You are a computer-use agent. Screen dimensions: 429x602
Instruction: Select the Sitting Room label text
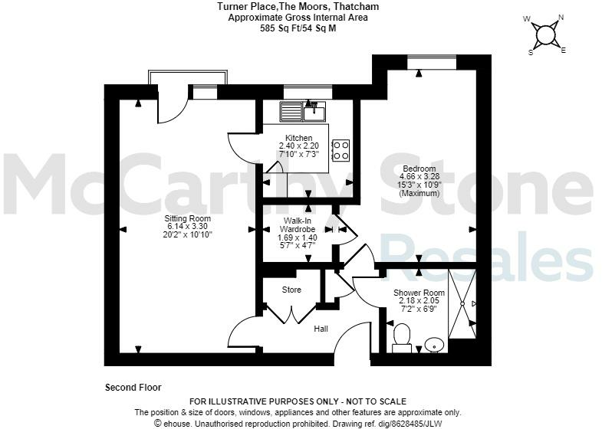pyautogui.click(x=188, y=218)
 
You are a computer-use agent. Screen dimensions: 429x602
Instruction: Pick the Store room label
pyautogui.click(x=291, y=290)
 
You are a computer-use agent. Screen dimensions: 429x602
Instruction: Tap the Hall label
pyautogui.click(x=321, y=329)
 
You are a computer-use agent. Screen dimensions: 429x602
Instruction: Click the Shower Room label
pyautogui.click(x=419, y=293)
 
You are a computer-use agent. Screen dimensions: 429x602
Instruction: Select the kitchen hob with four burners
pyautogui.click(x=340, y=149)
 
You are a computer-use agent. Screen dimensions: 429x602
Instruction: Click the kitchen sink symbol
pyautogui.click(x=304, y=113)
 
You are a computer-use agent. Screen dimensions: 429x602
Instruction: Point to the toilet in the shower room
pyautogui.click(x=402, y=338)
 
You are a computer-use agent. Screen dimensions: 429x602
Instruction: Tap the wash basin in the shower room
pyautogui.click(x=435, y=345)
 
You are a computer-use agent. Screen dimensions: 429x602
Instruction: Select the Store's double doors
pyautogui.click(x=291, y=312)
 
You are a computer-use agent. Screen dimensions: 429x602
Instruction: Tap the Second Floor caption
pyautogui.click(x=133, y=388)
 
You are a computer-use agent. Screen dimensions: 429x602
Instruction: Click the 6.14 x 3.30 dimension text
pyautogui.click(x=188, y=227)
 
